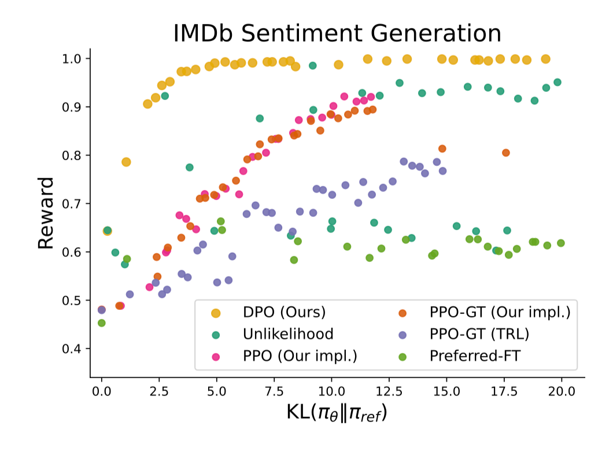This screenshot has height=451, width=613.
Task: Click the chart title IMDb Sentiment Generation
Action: click(x=337, y=34)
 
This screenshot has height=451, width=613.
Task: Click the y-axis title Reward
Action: click(x=46, y=212)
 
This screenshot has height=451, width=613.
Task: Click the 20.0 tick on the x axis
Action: click(x=562, y=391)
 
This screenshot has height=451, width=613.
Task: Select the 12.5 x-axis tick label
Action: click(x=389, y=391)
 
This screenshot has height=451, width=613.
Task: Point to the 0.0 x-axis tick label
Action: click(x=102, y=391)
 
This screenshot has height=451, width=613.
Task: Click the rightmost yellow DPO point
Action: click(x=545, y=59)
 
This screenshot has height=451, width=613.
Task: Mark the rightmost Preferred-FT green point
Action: click(x=560, y=243)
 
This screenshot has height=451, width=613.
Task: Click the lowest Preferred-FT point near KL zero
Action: click(x=102, y=323)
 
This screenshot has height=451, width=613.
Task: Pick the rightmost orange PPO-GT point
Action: click(x=506, y=153)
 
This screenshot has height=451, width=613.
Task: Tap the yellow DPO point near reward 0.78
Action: click(x=126, y=162)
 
